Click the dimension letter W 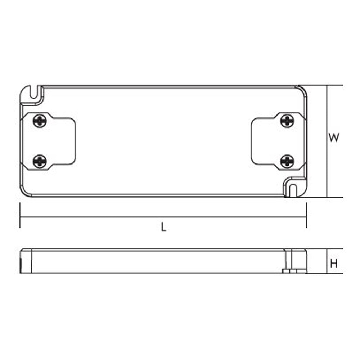tap(334, 138)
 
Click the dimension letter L tap(163, 227)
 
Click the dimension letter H tap(334, 264)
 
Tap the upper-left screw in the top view tap(40, 121)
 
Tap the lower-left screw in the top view tap(40, 161)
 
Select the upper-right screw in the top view tap(287, 121)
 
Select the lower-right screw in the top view tap(287, 161)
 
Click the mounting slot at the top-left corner tap(34, 92)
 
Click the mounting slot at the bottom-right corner tap(292, 190)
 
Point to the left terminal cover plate tap(48, 141)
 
